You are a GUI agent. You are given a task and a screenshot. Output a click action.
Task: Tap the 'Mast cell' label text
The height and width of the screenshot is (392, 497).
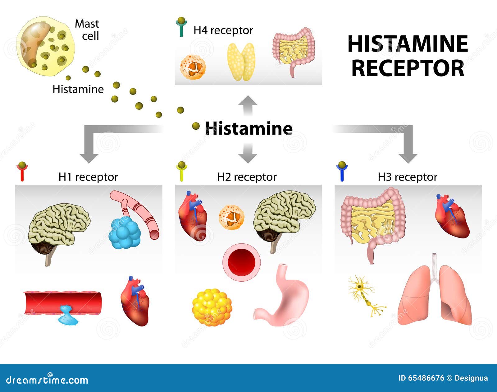pyautogui.click(x=87, y=30)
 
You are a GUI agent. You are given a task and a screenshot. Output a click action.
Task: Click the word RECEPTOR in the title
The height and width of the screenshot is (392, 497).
pyautogui.click(x=408, y=68)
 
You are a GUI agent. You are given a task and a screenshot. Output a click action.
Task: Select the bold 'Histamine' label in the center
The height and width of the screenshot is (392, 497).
pyautogui.click(x=248, y=128)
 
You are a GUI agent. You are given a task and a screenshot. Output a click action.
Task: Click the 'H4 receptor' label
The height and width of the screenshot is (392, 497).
pyautogui.click(x=223, y=30)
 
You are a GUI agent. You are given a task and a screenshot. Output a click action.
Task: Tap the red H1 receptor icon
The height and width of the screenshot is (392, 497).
pyautogui.click(x=22, y=172)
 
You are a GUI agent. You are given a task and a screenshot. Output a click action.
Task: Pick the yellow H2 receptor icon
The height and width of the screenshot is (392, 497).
pyautogui.click(x=182, y=172)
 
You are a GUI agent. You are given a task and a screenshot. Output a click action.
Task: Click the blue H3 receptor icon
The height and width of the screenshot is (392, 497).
pyautogui.click(x=342, y=172)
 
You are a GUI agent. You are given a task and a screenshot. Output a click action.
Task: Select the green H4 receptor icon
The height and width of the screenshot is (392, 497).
pyautogui.click(x=181, y=27)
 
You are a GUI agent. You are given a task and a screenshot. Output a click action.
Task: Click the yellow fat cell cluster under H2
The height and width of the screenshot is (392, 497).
pyautogui.click(x=212, y=307)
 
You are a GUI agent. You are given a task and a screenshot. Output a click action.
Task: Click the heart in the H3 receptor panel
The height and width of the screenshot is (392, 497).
pyautogui.click(x=452, y=216)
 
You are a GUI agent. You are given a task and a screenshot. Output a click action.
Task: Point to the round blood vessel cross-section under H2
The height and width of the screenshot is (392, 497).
pyautogui.click(x=241, y=262)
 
